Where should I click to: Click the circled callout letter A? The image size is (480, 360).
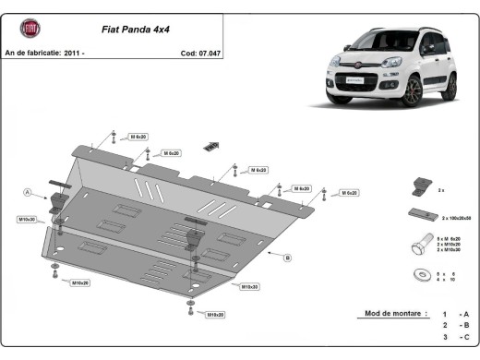[x=28, y=192]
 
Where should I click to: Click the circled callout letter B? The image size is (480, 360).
[x=288, y=258]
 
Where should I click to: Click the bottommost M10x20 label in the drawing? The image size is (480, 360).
[x=216, y=315]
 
